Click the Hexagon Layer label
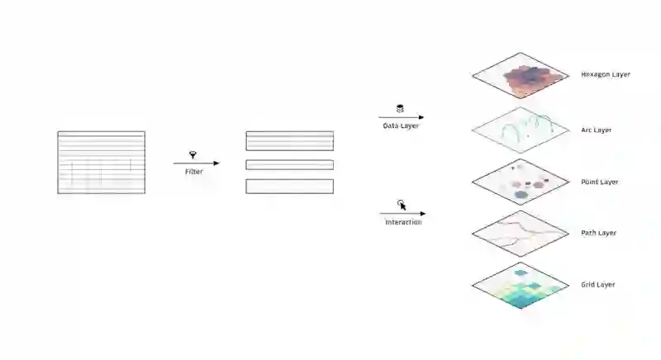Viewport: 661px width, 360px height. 605,74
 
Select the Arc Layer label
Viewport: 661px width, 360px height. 596,130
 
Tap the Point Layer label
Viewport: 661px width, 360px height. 599,182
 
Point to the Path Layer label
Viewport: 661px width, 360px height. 598,233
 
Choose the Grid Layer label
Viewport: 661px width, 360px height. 597,285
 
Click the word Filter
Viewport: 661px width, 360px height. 193,172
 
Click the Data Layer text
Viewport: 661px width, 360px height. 401,126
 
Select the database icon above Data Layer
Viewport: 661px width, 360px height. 401,108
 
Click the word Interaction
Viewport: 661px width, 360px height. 403,222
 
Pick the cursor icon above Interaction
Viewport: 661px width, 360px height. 402,205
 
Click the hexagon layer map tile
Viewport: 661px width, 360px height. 521,76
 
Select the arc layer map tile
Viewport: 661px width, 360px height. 521,129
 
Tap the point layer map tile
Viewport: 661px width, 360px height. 521,181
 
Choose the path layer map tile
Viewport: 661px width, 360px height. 521,233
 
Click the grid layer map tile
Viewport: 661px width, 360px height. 521,285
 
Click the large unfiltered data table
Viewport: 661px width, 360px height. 101,163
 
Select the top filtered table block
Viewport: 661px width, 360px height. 289,140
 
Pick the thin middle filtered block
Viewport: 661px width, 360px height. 289,164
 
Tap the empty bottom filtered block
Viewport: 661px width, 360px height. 289,186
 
